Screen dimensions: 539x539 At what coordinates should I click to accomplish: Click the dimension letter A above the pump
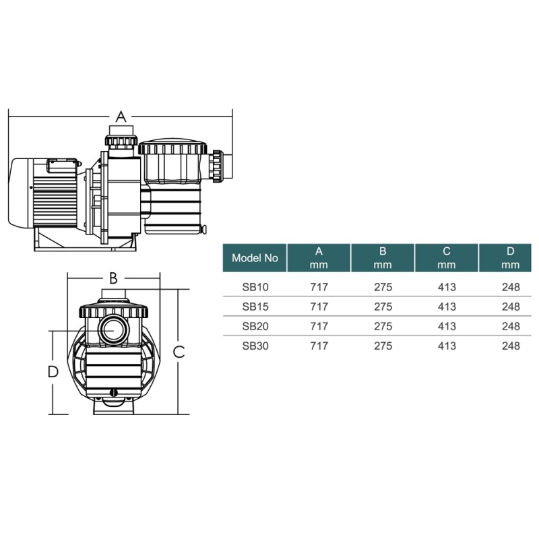tap(121, 117)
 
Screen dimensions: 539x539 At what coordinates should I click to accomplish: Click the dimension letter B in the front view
tap(113, 278)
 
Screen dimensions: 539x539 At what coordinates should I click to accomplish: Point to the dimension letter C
tap(179, 352)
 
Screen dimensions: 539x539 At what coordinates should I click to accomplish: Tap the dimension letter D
tap(53, 372)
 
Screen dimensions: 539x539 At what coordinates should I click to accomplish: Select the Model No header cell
tap(255, 258)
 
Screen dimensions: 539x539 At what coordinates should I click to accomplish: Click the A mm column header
tap(319, 258)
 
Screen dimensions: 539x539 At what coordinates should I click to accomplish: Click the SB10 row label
tap(255, 287)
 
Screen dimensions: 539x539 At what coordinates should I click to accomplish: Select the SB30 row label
tap(255, 346)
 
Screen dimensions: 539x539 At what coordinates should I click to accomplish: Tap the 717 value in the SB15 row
tap(319, 307)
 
